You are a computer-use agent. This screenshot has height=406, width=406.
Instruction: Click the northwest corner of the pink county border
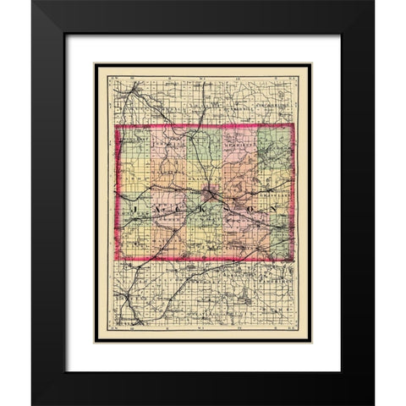pos(116,129)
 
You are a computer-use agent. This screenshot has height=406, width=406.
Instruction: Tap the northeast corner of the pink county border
pos(294,125)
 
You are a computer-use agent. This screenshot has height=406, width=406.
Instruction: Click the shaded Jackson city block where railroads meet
pos(209,201)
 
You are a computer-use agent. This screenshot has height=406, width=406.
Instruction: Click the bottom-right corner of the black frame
pos(373,403)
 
